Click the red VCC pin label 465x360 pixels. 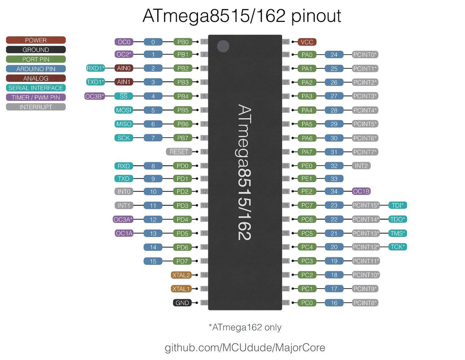click(x=307, y=42)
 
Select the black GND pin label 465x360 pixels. click(x=182, y=303)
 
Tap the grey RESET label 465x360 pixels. click(x=179, y=152)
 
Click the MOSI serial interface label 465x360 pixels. click(x=124, y=110)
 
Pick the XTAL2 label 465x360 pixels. click(x=181, y=275)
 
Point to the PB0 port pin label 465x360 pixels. click(x=182, y=42)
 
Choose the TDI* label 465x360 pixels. click(x=397, y=205)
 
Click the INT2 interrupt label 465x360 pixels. click(x=361, y=166)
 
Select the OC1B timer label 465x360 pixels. click(x=361, y=191)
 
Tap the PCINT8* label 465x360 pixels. click(x=365, y=303)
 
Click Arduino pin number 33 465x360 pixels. click(x=334, y=178)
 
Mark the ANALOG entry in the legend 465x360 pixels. click(x=36, y=79)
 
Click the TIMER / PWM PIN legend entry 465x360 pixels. click(x=36, y=98)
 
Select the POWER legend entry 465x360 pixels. click(x=36, y=40)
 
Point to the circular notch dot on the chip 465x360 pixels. click(x=224, y=46)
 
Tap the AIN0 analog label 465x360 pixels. click(x=124, y=68)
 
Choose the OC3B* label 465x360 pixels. click(x=95, y=96)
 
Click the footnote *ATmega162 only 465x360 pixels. click(x=245, y=327)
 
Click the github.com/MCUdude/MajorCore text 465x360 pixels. click(x=245, y=347)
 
